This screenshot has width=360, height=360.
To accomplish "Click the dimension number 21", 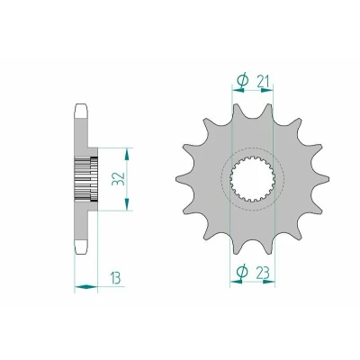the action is (263, 81).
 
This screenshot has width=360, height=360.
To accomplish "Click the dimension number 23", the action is (263, 273).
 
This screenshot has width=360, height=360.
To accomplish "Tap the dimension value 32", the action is (118, 179).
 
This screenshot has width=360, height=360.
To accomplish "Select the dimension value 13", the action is (115, 278).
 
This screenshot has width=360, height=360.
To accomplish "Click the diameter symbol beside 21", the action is (242, 80).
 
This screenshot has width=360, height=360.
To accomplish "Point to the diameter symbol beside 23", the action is (242, 272).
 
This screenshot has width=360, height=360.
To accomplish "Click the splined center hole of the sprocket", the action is (252, 179).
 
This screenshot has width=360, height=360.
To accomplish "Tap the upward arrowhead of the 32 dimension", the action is (128, 154).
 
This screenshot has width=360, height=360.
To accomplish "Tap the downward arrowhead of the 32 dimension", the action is (128, 204).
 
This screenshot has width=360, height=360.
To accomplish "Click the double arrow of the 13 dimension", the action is (86, 287).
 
